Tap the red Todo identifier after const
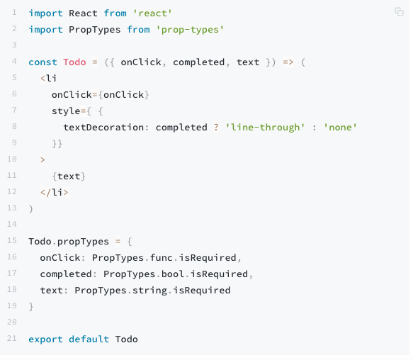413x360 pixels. click(75, 62)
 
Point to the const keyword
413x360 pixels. click(43, 62)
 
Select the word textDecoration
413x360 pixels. click(104, 128)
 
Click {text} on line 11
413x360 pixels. click(69, 176)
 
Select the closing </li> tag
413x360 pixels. click(55, 193)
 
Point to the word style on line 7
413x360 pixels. click(67, 111)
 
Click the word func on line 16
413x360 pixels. click(162, 258)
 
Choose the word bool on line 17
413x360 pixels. click(173, 274)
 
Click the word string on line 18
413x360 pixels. click(150, 291)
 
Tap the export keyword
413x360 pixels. click(46, 339)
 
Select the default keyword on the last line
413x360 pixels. click(89, 339)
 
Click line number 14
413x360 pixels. click(12, 224)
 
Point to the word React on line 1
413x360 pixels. click(84, 13)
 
